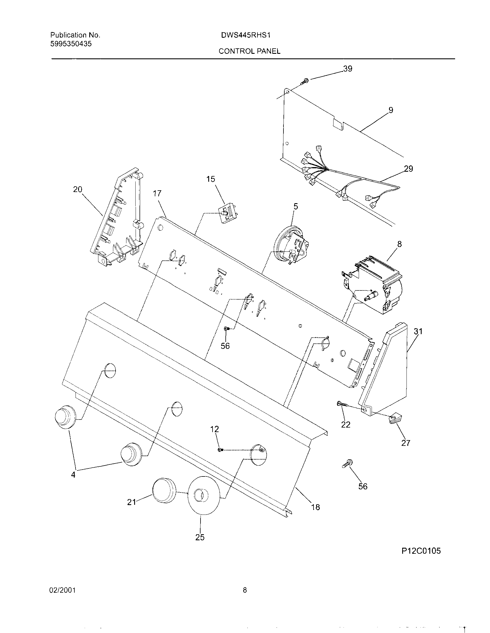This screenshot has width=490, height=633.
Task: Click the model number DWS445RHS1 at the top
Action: point(245,35)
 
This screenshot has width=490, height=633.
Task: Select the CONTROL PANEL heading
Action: point(249,51)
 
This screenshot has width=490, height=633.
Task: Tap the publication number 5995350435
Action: point(71,44)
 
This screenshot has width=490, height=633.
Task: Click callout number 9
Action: point(391,110)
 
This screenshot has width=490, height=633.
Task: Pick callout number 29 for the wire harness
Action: point(408,169)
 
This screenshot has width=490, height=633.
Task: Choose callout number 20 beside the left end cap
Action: point(77,189)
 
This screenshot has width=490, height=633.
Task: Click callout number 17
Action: point(157,194)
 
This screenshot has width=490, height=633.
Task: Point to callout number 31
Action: point(418,331)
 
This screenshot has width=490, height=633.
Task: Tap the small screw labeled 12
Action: point(220,450)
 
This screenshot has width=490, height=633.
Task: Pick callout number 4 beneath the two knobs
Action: point(73,475)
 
